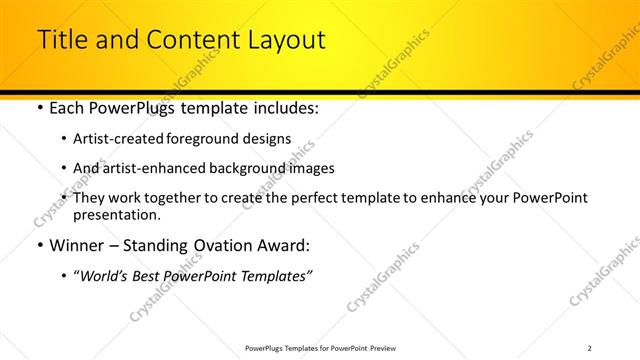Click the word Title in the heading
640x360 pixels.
tap(62, 40)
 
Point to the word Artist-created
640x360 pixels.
tap(120, 138)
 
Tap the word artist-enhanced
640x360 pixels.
tap(153, 168)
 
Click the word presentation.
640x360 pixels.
tap(116, 214)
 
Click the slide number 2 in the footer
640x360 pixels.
tap(589, 348)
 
